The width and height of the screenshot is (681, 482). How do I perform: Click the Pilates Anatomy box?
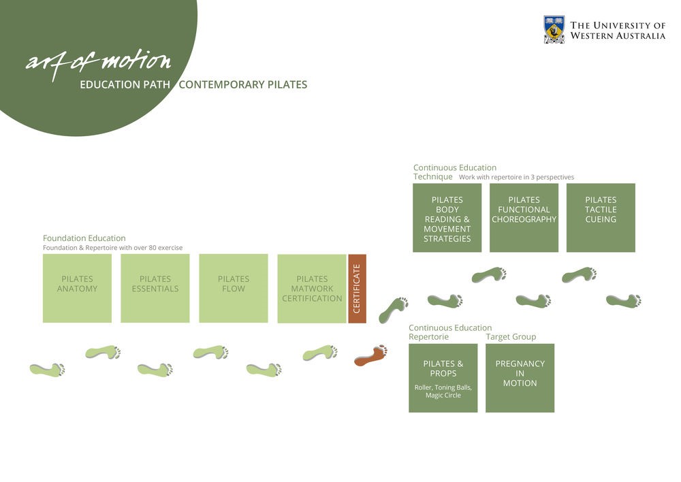coord(77,288)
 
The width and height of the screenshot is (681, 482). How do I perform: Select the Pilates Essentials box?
coord(155,288)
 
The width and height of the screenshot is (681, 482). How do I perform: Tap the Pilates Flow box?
coord(234,288)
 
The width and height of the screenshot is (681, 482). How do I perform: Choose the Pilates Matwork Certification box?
coord(312,288)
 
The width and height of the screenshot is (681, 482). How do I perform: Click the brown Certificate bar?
coord(357,288)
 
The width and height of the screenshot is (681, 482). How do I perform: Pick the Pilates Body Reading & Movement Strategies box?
coord(447,218)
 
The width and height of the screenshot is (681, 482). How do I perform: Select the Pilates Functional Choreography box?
coord(524,218)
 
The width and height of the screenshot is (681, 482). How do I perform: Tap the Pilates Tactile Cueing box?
coord(601,218)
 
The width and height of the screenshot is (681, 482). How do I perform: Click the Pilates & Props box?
coord(443,378)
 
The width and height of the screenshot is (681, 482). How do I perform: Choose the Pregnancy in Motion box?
coord(520,378)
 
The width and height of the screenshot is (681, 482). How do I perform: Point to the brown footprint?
coord(371,355)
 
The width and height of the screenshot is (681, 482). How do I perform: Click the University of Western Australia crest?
coord(554,30)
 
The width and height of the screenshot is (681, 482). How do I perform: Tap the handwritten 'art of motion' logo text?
coord(98,62)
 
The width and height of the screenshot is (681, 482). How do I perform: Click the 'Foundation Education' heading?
coord(84,238)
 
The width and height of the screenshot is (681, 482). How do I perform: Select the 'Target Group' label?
coord(511,337)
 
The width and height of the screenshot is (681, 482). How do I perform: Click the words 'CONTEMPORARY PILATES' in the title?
coord(242,85)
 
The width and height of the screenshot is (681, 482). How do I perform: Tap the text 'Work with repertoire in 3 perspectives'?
coord(516,177)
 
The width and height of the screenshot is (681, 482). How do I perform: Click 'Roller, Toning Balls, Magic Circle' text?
coord(443,391)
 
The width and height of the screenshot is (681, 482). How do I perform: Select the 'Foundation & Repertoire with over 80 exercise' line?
coord(112,248)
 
